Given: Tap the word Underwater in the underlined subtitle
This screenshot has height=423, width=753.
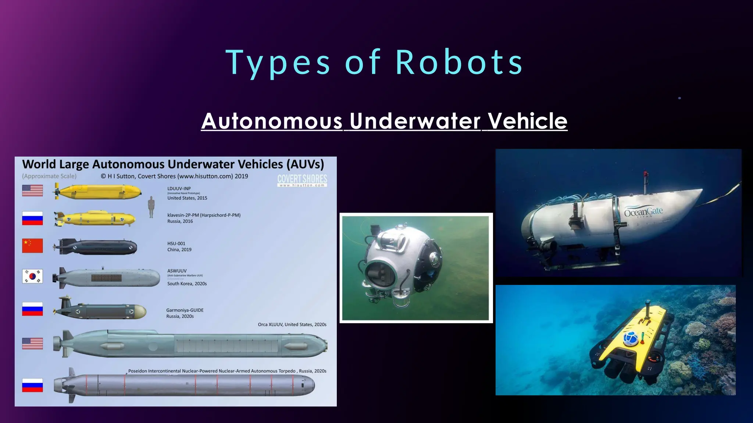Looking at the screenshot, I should coord(415,121).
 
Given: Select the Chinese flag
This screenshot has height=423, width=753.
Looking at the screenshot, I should coord(32,246).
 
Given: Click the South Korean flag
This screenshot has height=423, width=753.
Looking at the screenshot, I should coord(32,276).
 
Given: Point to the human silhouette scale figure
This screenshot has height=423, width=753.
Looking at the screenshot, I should coord(151,207).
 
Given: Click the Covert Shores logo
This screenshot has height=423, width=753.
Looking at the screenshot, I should coord(302,180).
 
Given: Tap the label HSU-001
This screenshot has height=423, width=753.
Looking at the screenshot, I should coord(176,243).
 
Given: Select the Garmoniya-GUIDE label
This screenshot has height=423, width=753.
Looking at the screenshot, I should coord(185,310).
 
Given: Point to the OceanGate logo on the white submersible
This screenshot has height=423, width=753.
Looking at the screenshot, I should coord(643,212).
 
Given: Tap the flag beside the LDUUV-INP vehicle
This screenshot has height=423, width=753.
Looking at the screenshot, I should coord(32,190).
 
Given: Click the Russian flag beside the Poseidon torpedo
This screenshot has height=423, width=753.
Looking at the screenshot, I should coord(32,385).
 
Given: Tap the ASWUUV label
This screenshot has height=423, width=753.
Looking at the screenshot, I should coord(177,271).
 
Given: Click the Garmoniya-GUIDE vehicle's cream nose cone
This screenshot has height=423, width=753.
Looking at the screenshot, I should coord(140,312).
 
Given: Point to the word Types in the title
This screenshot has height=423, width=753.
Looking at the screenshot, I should coord(278,62).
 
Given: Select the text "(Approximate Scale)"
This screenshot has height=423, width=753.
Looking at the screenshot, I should coord(49,176).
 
